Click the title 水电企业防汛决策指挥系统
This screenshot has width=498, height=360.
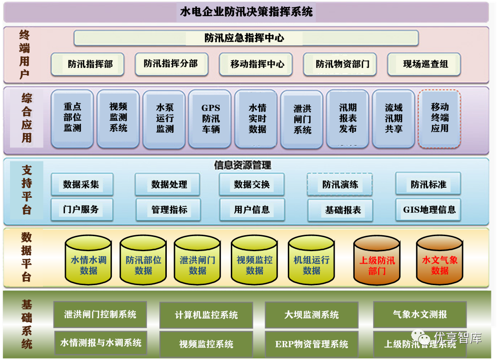click(246, 12)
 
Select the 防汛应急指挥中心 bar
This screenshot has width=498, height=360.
click(246, 38)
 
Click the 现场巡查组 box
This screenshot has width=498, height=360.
click(424, 64)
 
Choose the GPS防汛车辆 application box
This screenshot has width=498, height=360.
click(210, 119)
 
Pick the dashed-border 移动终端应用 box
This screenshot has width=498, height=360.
click(439, 118)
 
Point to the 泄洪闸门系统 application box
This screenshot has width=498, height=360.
click(302, 119)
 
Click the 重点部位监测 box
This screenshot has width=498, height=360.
click(72, 118)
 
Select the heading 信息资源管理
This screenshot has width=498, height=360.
click(243, 165)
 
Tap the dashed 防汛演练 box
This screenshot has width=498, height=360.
click(340, 185)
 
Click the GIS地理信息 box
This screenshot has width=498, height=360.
click(429, 210)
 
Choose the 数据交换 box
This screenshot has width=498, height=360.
click(252, 185)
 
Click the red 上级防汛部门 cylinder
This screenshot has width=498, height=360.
click(377, 265)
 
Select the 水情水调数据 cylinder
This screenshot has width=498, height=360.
click(88, 265)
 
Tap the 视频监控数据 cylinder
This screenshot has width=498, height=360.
click(254, 265)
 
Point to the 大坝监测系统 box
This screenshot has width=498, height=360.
click(311, 315)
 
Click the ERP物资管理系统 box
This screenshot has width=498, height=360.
click(311, 344)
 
